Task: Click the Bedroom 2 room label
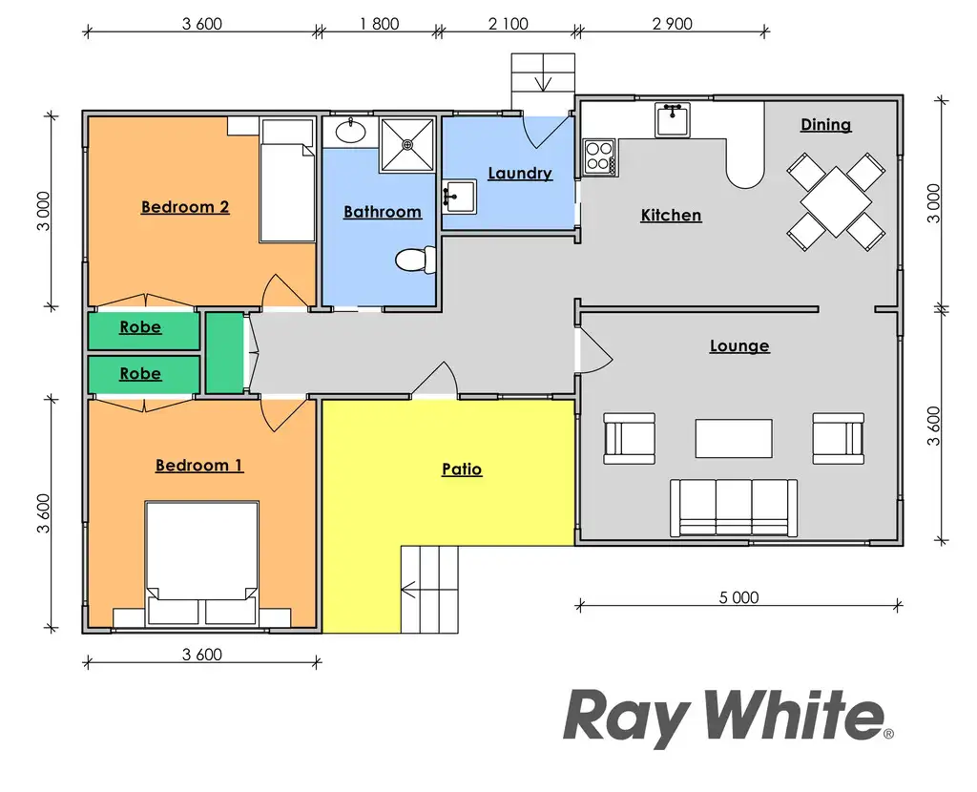pos(185,207)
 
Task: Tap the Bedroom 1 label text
pos(198,466)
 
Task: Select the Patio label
pos(462,469)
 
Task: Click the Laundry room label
pos(520,174)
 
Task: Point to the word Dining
pos(825,125)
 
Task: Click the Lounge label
pos(739,346)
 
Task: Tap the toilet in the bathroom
pos(414,260)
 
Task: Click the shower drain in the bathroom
pos(408,145)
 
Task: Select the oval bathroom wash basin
pos(350,132)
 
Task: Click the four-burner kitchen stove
pos(599,156)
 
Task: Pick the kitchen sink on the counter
pos(673,120)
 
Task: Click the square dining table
pos(836,202)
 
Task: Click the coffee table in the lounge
pos(733,438)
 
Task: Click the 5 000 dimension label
pos(738,598)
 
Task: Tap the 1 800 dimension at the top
pos(379,24)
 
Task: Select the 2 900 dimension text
pos(672,24)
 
